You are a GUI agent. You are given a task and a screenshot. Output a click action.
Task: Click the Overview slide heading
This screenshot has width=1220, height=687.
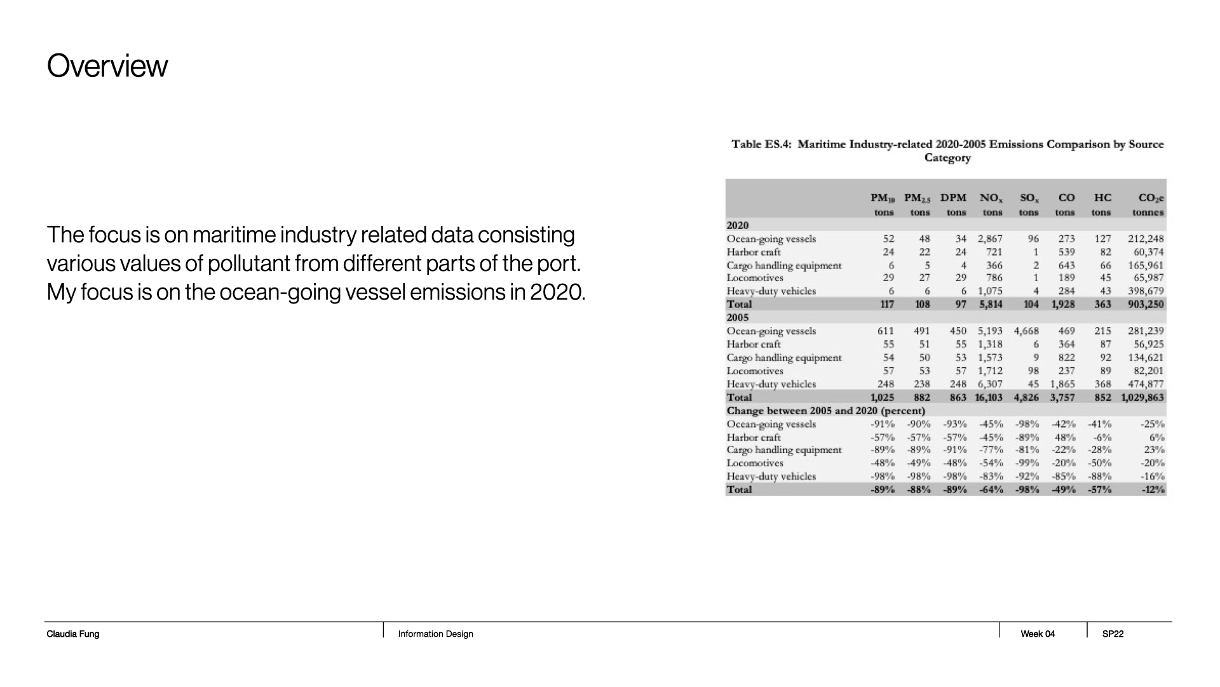click(x=107, y=66)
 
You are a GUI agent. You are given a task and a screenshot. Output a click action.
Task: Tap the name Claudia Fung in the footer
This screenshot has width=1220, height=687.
click(x=73, y=634)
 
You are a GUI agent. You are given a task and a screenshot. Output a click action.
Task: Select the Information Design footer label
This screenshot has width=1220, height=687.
click(x=435, y=634)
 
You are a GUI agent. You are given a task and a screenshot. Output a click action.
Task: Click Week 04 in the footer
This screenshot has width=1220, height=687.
click(x=1038, y=634)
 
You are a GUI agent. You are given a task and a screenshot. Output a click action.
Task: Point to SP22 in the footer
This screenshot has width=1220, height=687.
click(x=1113, y=634)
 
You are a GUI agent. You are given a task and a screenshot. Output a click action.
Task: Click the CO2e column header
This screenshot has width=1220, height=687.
click(x=1151, y=198)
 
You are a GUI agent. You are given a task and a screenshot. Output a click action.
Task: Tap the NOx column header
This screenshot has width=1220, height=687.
click(x=991, y=198)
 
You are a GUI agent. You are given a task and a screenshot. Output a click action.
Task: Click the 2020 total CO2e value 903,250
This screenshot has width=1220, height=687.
click(x=1145, y=304)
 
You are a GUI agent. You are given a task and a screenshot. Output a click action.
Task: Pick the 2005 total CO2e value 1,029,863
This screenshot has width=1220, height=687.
click(x=1142, y=398)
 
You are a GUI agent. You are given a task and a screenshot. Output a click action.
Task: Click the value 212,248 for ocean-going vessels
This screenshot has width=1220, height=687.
click(x=1145, y=239)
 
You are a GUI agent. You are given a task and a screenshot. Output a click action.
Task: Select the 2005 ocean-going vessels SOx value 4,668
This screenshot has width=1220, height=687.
click(x=1026, y=331)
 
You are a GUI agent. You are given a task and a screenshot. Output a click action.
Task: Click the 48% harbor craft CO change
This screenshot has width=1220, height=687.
click(x=1064, y=438)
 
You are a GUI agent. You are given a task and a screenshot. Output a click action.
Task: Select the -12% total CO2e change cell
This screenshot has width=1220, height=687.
click(x=1152, y=490)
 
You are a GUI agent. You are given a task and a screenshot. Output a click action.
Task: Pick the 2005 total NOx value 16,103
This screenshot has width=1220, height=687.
click(x=987, y=398)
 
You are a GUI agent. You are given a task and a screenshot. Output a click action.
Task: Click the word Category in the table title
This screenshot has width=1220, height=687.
click(x=947, y=158)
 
